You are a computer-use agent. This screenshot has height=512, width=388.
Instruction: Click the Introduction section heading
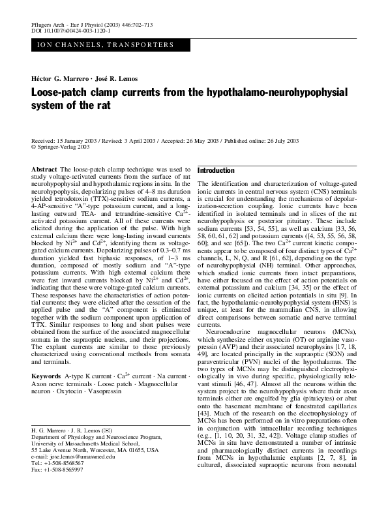(x=220, y=170)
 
